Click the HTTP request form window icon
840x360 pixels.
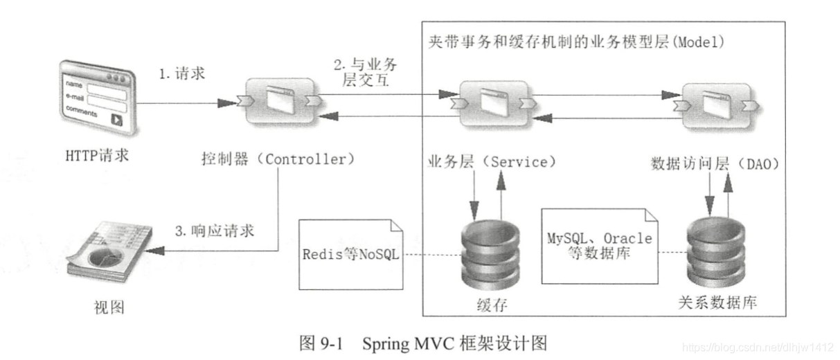pyautogui.click(x=98, y=98)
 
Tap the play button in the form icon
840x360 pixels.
pyautogui.click(x=116, y=120)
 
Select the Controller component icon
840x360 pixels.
pyautogui.click(x=280, y=101)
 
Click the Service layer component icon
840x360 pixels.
pyautogui.click(x=494, y=105)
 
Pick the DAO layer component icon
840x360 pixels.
pyautogui.click(x=716, y=107)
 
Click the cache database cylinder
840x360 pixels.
pyautogui.click(x=490, y=255)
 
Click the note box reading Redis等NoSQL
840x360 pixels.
pyautogui.click(x=351, y=255)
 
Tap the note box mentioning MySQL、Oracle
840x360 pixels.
pyautogui.click(x=600, y=246)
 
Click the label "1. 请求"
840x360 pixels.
pyautogui.click(x=182, y=73)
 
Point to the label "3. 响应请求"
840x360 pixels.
pyautogui.click(x=215, y=231)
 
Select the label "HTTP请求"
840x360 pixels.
pyautogui.click(x=97, y=156)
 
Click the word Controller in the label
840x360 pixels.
pyautogui.click(x=305, y=160)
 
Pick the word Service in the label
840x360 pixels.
pyautogui.click(x=519, y=163)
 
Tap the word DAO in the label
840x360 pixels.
pyautogui.click(x=759, y=164)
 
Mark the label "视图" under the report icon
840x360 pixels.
pyautogui.click(x=109, y=307)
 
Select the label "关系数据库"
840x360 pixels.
pyautogui.click(x=717, y=303)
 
